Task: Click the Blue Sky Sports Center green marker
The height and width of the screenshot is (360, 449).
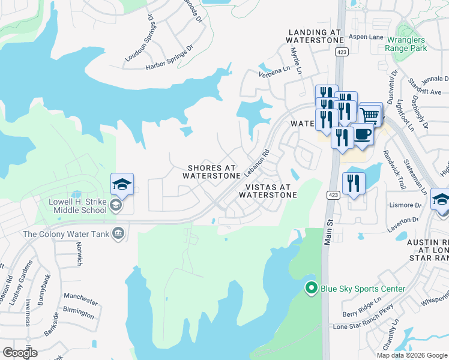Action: pyautogui.click(x=310, y=289)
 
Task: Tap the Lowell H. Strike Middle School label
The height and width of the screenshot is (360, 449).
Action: pyautogui.click(x=73, y=206)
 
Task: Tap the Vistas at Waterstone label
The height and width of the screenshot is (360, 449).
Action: pyautogui.click(x=269, y=191)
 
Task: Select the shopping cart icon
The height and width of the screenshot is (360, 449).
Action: pyautogui.click(x=370, y=114)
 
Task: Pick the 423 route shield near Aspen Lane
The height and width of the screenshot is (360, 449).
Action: pyautogui.click(x=341, y=53)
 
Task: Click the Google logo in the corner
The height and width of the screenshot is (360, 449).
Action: pyautogui.click(x=19, y=352)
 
